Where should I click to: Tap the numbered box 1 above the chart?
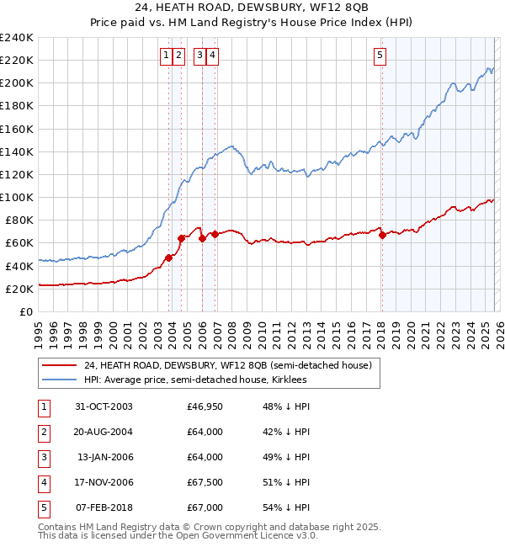click(x=167, y=56)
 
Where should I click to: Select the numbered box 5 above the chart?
click(x=380, y=56)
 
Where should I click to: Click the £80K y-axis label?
click(x=19, y=220)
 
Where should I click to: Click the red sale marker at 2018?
click(x=382, y=235)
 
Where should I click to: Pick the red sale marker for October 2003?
click(x=169, y=258)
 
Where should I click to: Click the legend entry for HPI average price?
click(x=194, y=380)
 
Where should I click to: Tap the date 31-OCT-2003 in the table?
click(x=104, y=406)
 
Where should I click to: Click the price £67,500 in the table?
click(x=205, y=482)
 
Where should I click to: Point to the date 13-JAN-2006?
click(x=104, y=457)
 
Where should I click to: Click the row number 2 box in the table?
click(x=42, y=432)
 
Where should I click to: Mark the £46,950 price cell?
click(x=205, y=406)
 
